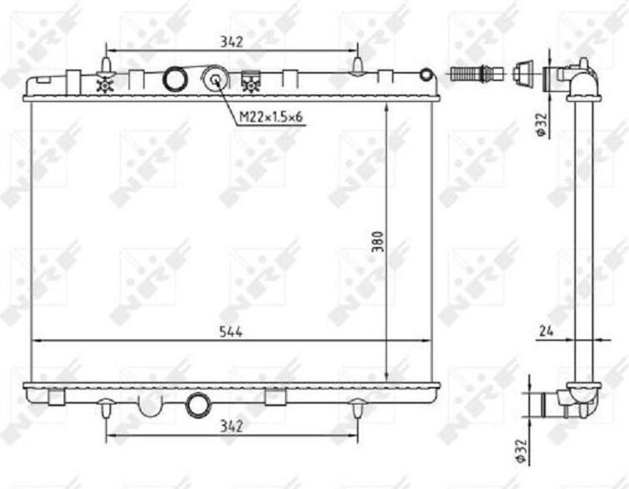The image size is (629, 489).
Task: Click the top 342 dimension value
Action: tap(232, 42)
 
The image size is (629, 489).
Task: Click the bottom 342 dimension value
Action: tap(232, 425)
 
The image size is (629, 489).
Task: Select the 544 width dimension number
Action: tap(232, 332)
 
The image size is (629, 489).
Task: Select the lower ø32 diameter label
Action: tap(520, 450)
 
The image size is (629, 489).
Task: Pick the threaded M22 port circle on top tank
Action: tap(216, 78)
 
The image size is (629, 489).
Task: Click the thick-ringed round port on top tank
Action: tap(174, 78)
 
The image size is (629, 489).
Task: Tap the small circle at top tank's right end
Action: tap(426, 75)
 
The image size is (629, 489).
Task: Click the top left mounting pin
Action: tap(106, 65)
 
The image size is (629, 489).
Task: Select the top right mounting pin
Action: tap(358, 65)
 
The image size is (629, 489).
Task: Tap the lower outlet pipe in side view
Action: tap(550, 402)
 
